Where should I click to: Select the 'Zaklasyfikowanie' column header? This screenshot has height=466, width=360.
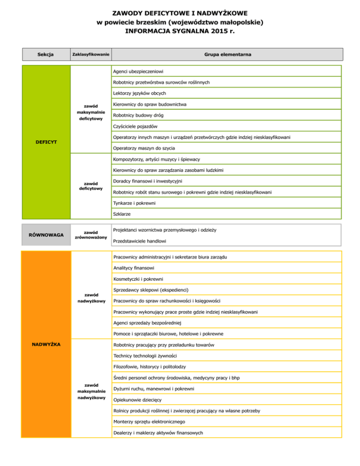[x=90, y=55]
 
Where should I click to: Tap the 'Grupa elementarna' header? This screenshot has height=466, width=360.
[x=227, y=55]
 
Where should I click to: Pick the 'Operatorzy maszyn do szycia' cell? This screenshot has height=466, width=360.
[x=143, y=148]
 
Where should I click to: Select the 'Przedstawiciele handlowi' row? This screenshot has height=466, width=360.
[x=141, y=241]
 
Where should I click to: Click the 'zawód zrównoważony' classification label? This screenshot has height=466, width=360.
[x=90, y=235]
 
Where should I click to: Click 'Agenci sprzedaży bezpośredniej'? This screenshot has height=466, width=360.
[x=147, y=323]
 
